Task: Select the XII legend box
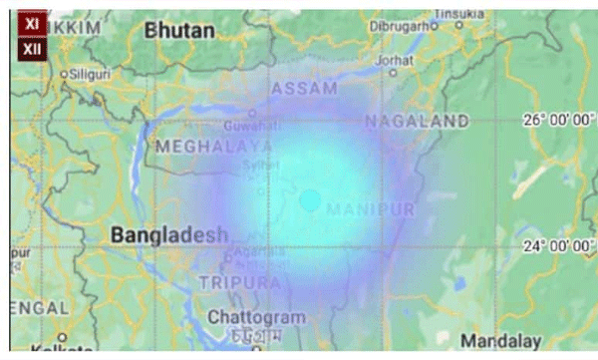point(32,47)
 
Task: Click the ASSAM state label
point(305,89)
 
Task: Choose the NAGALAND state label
point(416,121)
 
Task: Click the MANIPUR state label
point(369,209)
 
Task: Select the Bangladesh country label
point(169,235)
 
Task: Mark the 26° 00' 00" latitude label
point(558,120)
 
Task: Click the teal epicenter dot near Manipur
point(310,200)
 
